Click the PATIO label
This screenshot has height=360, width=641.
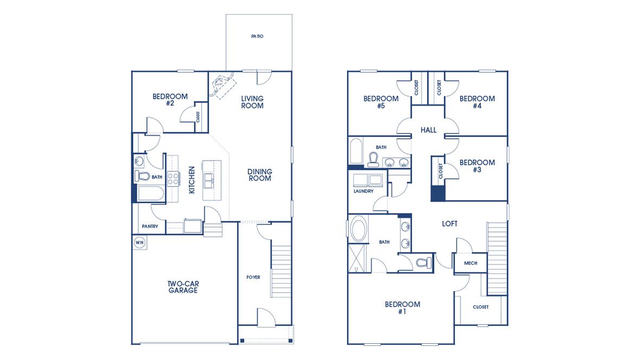pyautogui.click(x=257, y=36)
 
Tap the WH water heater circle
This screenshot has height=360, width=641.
pyautogui.click(x=139, y=242)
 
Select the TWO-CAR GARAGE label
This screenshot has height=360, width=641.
pyautogui.click(x=183, y=287)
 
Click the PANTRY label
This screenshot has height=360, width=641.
pyautogui.click(x=150, y=226)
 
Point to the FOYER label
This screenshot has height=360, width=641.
pyautogui.click(x=253, y=277)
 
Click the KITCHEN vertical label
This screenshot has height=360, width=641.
pyautogui.click(x=191, y=179)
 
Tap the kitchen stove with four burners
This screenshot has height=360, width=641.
pyautogui.click(x=172, y=178)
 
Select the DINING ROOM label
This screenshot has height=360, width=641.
pyautogui.click(x=260, y=175)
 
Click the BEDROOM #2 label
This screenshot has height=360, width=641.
pyautogui.click(x=170, y=100)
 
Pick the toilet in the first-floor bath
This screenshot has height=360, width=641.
pyautogui.click(x=142, y=176)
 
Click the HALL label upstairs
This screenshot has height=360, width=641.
pyautogui.click(x=428, y=130)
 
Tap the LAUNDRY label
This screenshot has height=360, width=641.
pyautogui.click(x=363, y=191)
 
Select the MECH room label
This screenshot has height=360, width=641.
pyautogui.click(x=470, y=263)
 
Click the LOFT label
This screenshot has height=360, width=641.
pyautogui.click(x=450, y=223)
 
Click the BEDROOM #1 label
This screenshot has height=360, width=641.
pyautogui.click(x=402, y=308)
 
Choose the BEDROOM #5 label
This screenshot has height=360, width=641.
pyautogui.click(x=381, y=102)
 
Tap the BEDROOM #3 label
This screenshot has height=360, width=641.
pyautogui.click(x=477, y=166)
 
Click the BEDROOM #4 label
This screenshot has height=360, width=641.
pyautogui.click(x=477, y=102)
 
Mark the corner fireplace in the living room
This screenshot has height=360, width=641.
pyautogui.click(x=222, y=85)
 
